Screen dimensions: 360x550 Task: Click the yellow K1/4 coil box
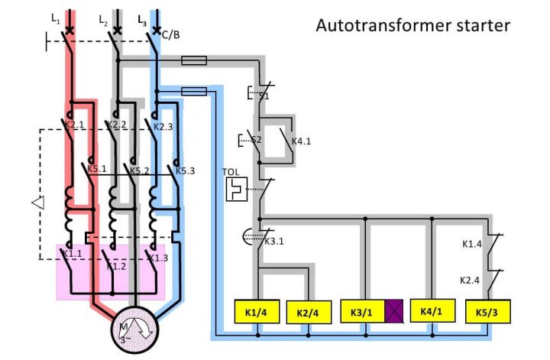256,312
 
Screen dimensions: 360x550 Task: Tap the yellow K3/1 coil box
363,312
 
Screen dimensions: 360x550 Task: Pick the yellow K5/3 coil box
487,312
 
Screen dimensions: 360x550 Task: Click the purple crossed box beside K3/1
395,312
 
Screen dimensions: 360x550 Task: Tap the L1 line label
55,18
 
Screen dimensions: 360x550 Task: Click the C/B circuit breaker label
171,34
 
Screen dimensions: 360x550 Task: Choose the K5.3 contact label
185,170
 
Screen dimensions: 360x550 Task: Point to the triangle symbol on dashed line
36,203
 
